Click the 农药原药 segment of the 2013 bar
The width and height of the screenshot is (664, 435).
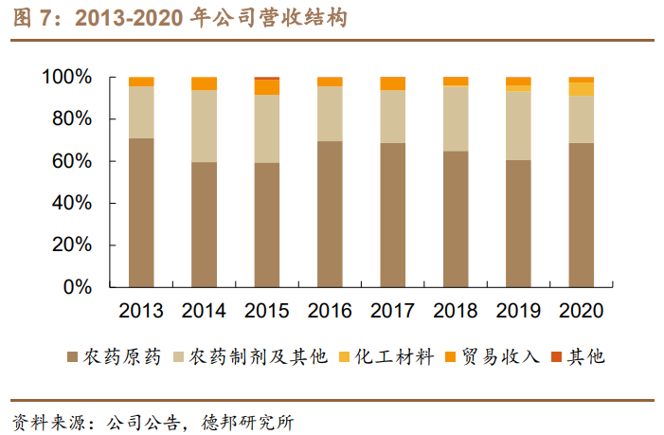[x=141, y=212]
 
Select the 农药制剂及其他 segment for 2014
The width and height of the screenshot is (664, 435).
[x=204, y=126]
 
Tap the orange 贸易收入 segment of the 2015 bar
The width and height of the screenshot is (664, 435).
[x=267, y=87]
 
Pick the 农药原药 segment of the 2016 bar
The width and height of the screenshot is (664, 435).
[x=330, y=214]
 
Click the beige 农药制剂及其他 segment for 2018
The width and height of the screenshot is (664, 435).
[x=455, y=118]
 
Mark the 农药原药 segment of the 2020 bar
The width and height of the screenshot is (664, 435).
[x=581, y=214]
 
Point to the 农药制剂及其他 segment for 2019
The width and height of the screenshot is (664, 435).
[x=518, y=125]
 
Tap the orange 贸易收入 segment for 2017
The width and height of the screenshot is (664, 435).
[x=392, y=83]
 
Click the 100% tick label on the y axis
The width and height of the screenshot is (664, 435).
[x=67, y=77]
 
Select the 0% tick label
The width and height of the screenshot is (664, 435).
[x=78, y=287]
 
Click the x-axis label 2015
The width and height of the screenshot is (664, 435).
[x=267, y=311]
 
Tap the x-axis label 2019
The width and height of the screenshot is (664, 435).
[x=518, y=311]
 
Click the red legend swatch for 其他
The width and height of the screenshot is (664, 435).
[x=557, y=357]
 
